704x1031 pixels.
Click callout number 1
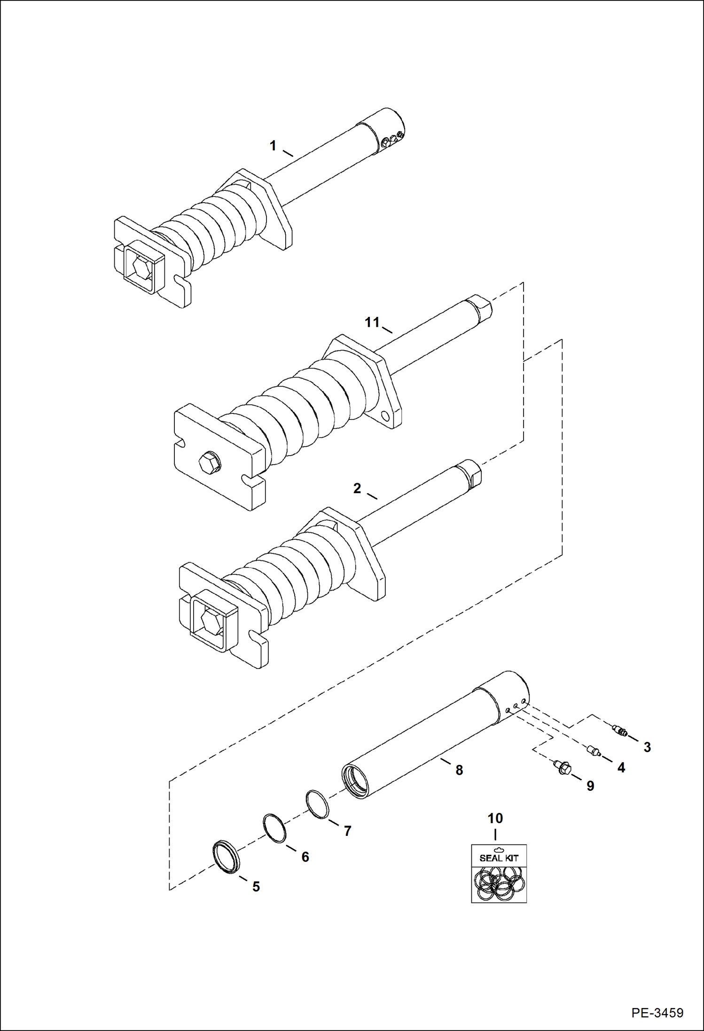(x=273, y=146)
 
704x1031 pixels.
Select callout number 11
(x=372, y=323)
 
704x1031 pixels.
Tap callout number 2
(x=357, y=489)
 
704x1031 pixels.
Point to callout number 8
(x=459, y=770)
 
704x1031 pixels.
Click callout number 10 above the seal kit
(x=495, y=819)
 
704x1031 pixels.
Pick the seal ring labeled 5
(x=227, y=857)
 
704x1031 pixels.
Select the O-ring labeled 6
(x=274, y=828)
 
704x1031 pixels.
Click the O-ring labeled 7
(x=317, y=804)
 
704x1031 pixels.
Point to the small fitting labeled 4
(x=594, y=751)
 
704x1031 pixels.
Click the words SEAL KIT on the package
(x=499, y=858)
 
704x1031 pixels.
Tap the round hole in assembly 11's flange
(x=386, y=416)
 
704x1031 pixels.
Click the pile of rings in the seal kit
(x=499, y=884)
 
